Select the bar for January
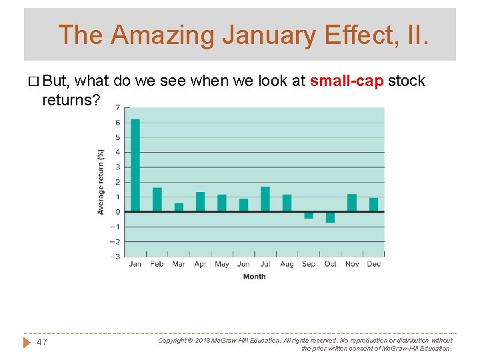point(135,165)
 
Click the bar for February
point(157,199)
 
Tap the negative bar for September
point(309,215)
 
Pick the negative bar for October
point(330,217)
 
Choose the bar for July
point(265,199)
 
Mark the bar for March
point(179,207)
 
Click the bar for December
point(373,205)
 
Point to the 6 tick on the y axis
point(118,123)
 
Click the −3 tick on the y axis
point(117,256)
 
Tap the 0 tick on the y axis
point(118,212)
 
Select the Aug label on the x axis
point(287,265)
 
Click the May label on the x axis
point(222,265)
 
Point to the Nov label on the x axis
point(352,265)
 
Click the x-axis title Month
point(254,277)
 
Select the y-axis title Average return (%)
point(101,181)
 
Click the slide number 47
point(41,342)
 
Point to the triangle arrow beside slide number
point(27,342)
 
